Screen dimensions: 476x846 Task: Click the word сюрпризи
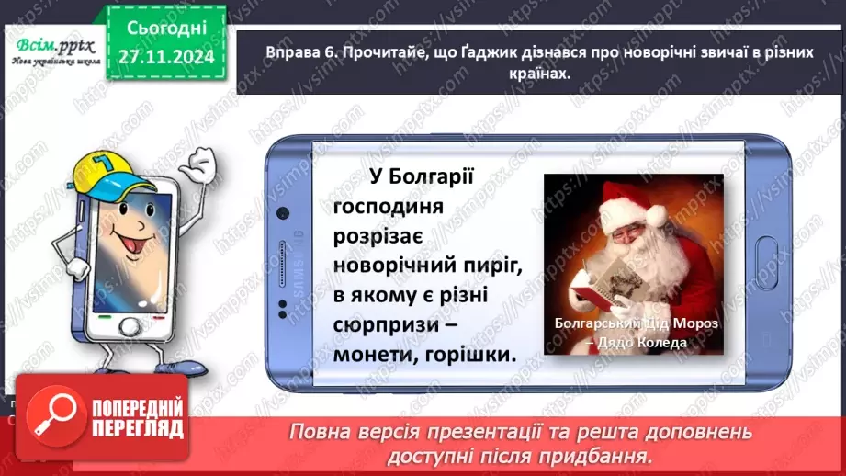pyautogui.click(x=386, y=324)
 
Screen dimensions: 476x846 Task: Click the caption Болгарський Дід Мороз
pyautogui.click(x=633, y=324)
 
